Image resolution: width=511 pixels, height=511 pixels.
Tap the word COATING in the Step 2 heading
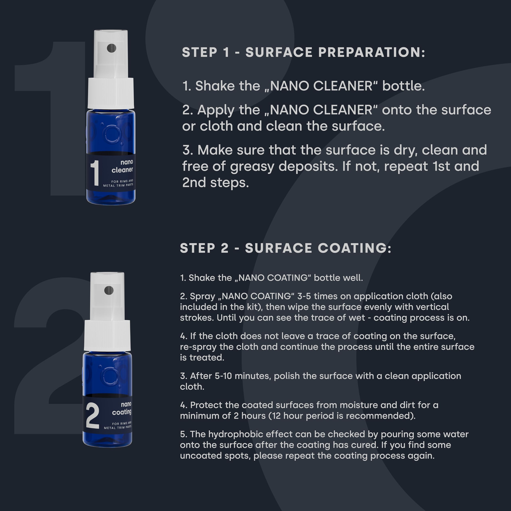(355, 248)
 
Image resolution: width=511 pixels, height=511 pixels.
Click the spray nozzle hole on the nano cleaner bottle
(111, 48)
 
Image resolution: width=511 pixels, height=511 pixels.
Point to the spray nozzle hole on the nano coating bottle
(109, 290)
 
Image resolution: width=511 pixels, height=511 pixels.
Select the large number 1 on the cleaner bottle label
(95, 173)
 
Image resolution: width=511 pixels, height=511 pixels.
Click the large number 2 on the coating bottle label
(93, 416)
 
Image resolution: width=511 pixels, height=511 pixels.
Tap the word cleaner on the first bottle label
(122, 170)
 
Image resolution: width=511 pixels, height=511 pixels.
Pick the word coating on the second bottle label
(122, 412)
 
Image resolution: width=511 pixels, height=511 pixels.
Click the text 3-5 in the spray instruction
(304, 296)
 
